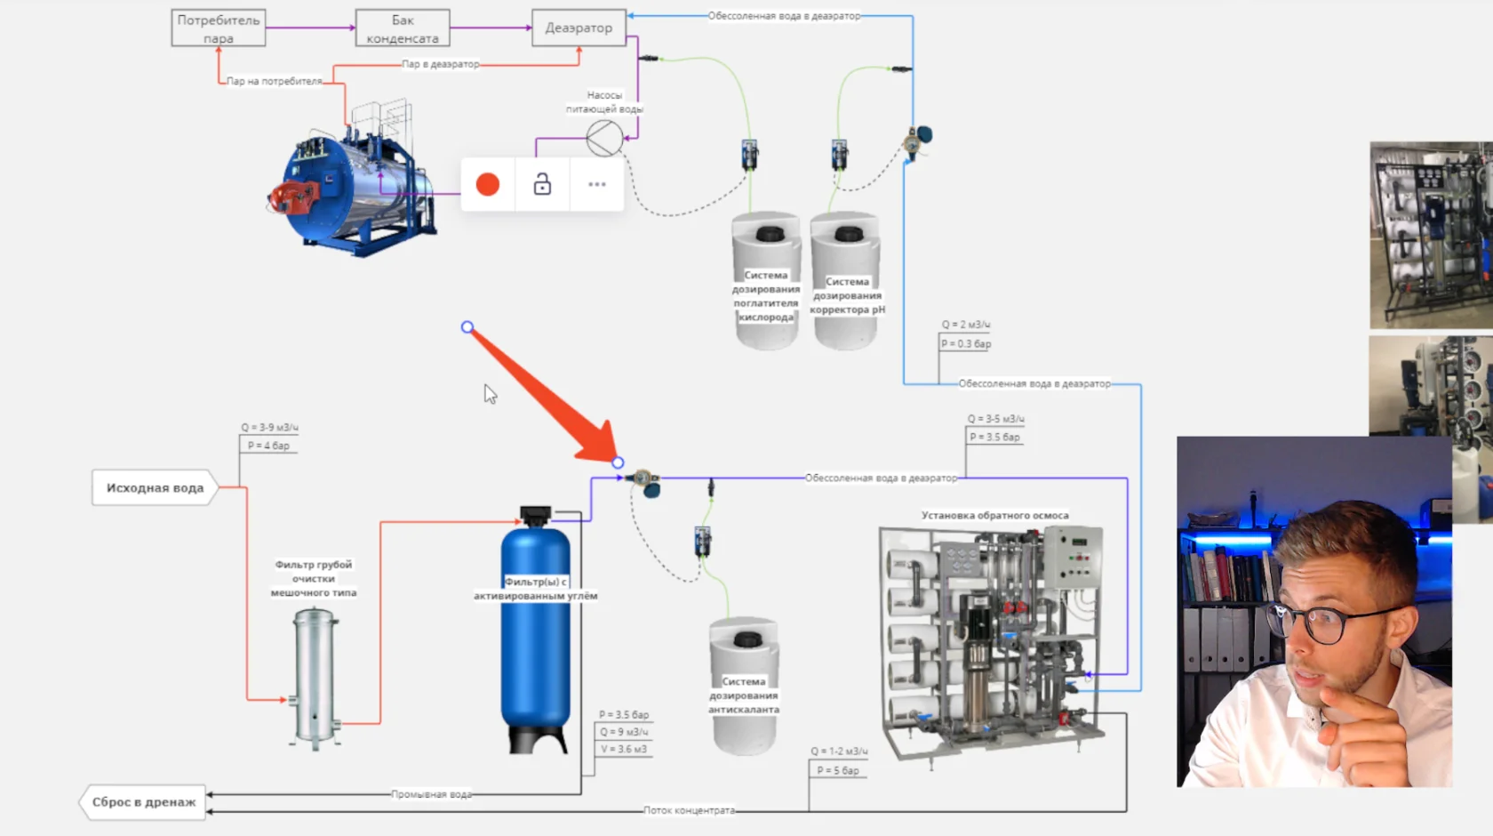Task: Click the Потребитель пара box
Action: [x=218, y=28]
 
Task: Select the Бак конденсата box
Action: [x=402, y=28]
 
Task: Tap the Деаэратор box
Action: [x=579, y=28]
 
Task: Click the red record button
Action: [x=488, y=184]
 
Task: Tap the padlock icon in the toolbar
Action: [x=542, y=184]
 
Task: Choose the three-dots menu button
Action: [x=597, y=184]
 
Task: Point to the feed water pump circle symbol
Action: [x=604, y=138]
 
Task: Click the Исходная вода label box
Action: [x=155, y=487]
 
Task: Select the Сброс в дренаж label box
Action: [x=143, y=801]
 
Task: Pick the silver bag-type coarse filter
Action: [x=315, y=676]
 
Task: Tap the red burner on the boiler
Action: [x=290, y=197]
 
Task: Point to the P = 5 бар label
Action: [x=838, y=770]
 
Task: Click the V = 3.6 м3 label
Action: [x=623, y=749]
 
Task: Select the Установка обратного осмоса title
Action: [x=994, y=515]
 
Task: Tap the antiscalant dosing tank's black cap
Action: [x=747, y=639]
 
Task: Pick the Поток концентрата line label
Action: [x=689, y=810]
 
